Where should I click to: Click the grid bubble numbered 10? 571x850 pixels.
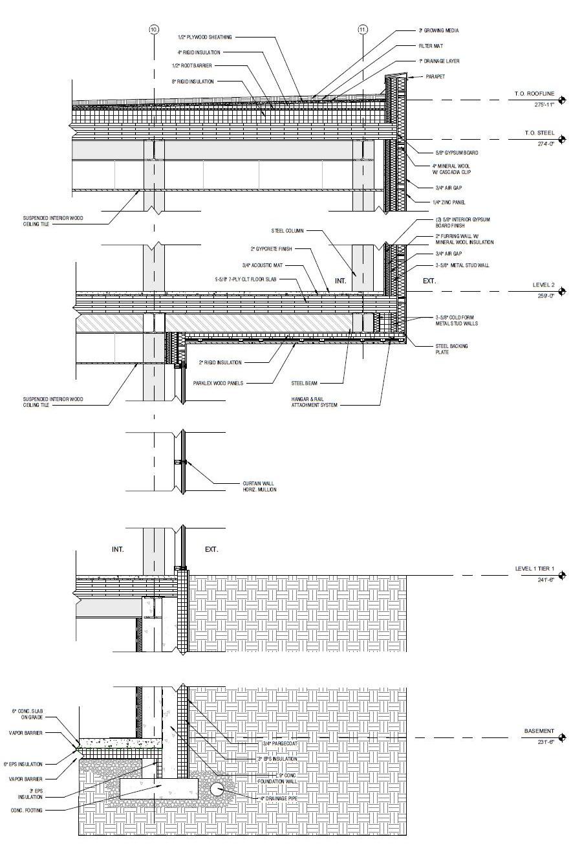click(x=154, y=30)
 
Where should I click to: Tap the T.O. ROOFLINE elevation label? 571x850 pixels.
click(x=534, y=94)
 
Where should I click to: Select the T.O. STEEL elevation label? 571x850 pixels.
click(x=539, y=133)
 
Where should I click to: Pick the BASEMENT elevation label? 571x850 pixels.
click(x=539, y=731)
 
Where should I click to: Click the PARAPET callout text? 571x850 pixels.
click(x=435, y=76)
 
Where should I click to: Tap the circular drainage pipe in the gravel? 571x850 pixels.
click(x=217, y=789)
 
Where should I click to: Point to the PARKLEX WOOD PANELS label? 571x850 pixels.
click(x=218, y=383)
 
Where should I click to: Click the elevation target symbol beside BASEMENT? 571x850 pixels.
click(x=562, y=737)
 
